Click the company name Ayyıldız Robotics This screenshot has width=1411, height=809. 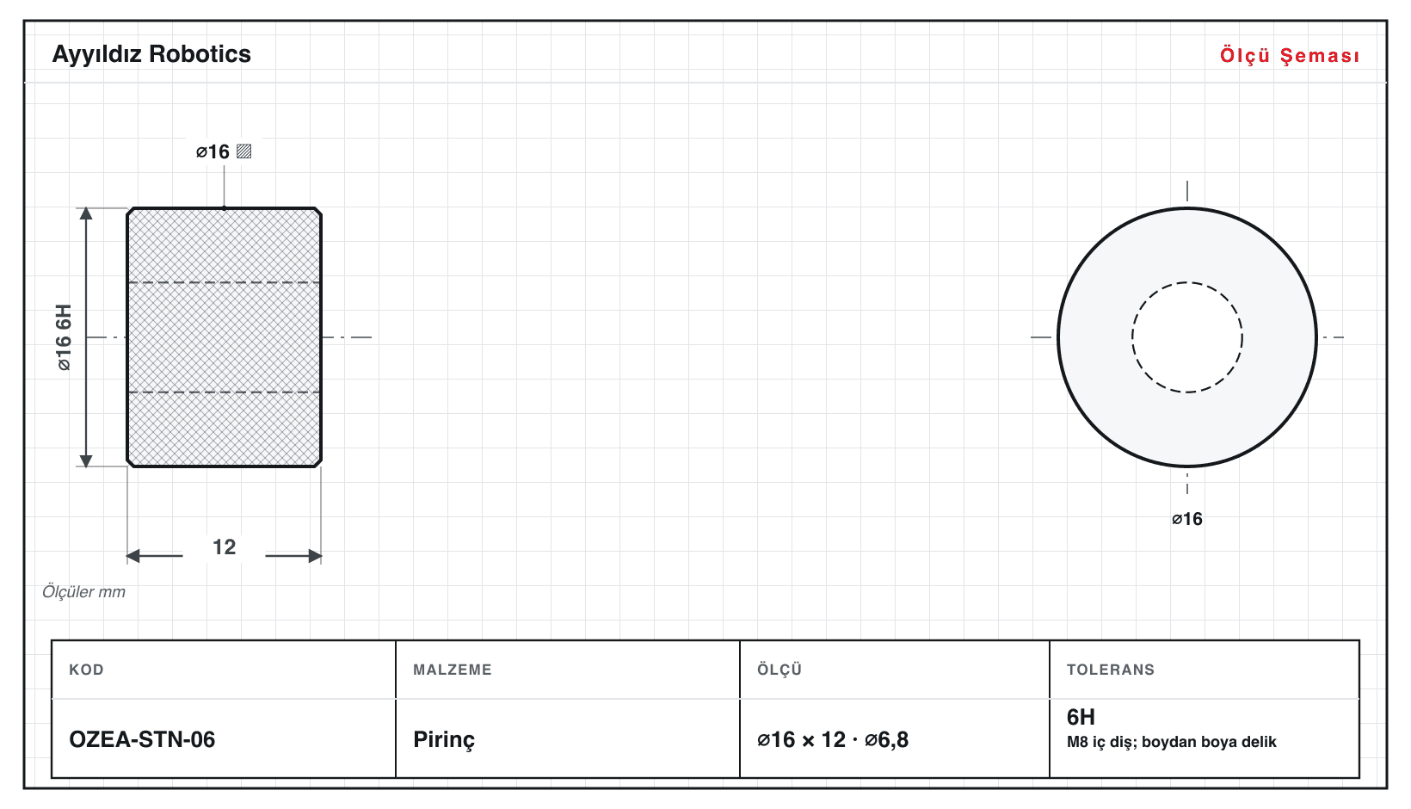(x=151, y=54)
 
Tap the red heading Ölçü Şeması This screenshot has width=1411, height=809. (x=1290, y=55)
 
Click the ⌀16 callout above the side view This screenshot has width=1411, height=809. (x=213, y=151)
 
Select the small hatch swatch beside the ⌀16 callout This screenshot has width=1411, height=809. (x=243, y=151)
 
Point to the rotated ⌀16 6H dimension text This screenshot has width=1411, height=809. (x=64, y=337)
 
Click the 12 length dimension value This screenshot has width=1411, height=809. (x=225, y=547)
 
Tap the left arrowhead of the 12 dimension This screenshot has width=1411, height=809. (x=132, y=556)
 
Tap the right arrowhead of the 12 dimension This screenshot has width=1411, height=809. (x=315, y=556)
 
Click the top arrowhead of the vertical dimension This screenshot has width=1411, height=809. (x=86, y=213)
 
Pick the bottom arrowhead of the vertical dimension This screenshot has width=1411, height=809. (x=86, y=460)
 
